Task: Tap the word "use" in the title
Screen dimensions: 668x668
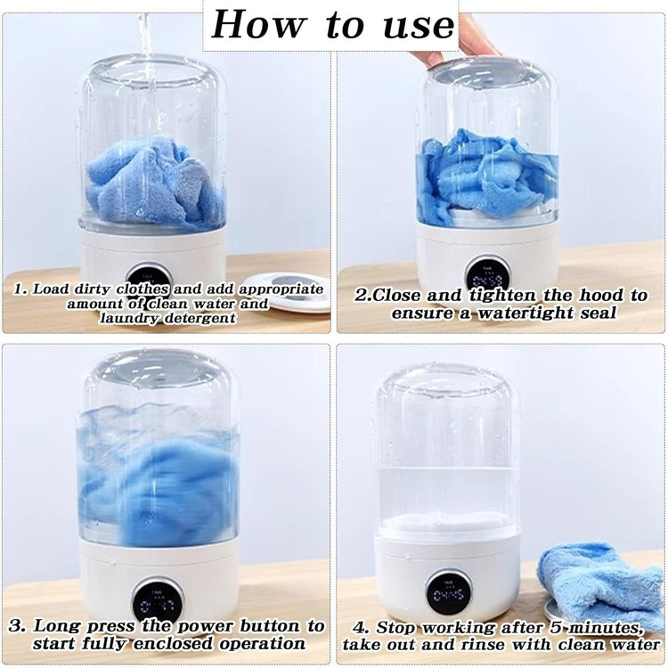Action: pyautogui.click(x=419, y=26)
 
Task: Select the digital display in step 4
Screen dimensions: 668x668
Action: pyautogui.click(x=449, y=595)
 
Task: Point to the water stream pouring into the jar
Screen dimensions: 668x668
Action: pyautogui.click(x=146, y=47)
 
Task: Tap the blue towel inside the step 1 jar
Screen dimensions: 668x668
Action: pyautogui.click(x=156, y=183)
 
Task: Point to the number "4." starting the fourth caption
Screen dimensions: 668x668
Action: pyautogui.click(x=361, y=627)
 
